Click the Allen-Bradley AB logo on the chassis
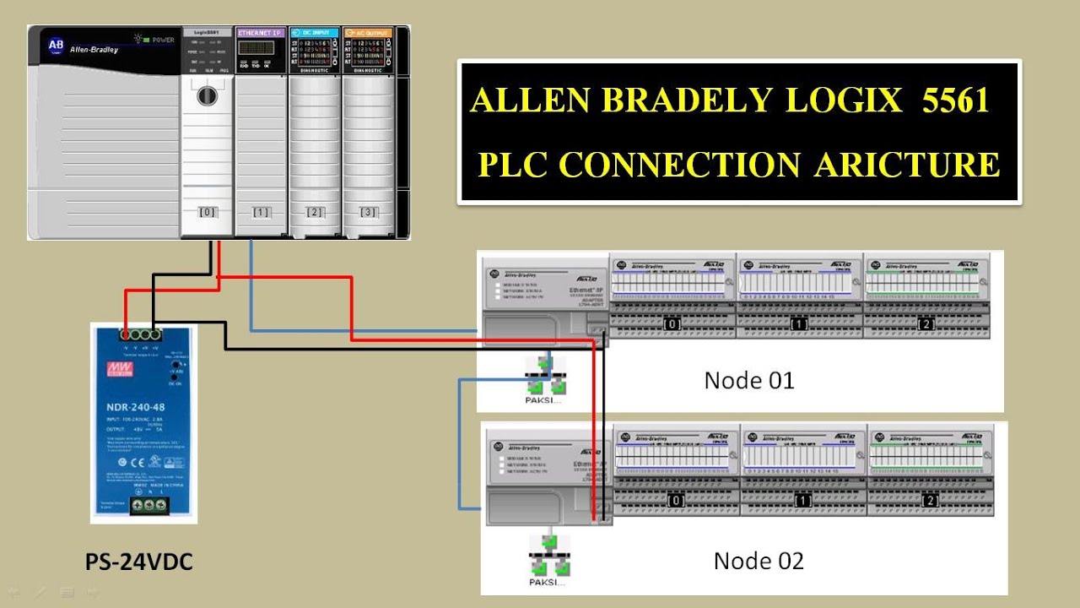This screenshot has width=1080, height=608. pos(56,45)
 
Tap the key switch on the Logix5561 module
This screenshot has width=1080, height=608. pos(207,95)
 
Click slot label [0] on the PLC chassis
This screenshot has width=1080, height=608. pos(207,212)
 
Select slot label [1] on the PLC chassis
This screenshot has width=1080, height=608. pos(262,212)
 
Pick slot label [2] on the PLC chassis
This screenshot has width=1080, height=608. pos(315,212)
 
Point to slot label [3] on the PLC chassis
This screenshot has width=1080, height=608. pos(369,212)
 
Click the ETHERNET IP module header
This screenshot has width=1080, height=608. pos(260,33)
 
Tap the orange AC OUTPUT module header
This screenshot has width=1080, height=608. pos(368,33)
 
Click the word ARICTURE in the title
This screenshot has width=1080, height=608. pos(907,164)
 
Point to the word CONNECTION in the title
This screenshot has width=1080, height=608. pos(679,164)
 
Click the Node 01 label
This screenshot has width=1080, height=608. pos(749,381)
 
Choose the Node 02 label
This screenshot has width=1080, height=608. pos(759,561)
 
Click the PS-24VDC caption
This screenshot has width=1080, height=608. pos(138,562)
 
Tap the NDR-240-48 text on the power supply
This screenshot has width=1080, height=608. pos(142,404)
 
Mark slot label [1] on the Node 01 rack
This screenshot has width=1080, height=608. pos(798,324)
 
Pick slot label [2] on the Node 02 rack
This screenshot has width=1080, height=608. pos(930,501)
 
